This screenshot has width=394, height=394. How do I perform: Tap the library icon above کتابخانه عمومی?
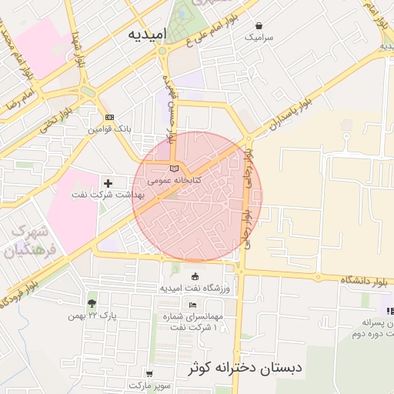pyautogui.click(x=174, y=169)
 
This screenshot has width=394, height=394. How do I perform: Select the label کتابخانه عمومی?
pyautogui.click(x=175, y=180)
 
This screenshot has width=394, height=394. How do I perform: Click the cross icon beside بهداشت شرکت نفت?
pyautogui.click(x=108, y=183)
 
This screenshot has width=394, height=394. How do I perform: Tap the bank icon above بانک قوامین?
pyautogui.click(x=109, y=117)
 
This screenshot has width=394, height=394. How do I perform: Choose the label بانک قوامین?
pyautogui.click(x=109, y=129)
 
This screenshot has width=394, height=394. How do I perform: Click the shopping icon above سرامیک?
pyautogui.click(x=259, y=25)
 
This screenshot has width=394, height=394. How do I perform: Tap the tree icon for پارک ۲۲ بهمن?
pyautogui.click(x=92, y=303)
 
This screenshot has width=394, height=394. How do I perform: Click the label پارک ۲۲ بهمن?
pyautogui.click(x=91, y=316)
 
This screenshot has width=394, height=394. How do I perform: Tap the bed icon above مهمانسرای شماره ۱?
pyautogui.click(x=192, y=306)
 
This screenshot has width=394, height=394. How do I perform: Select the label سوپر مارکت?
pyautogui.click(x=149, y=384)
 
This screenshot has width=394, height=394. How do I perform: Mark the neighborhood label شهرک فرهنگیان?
pyautogui.click(x=28, y=242)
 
